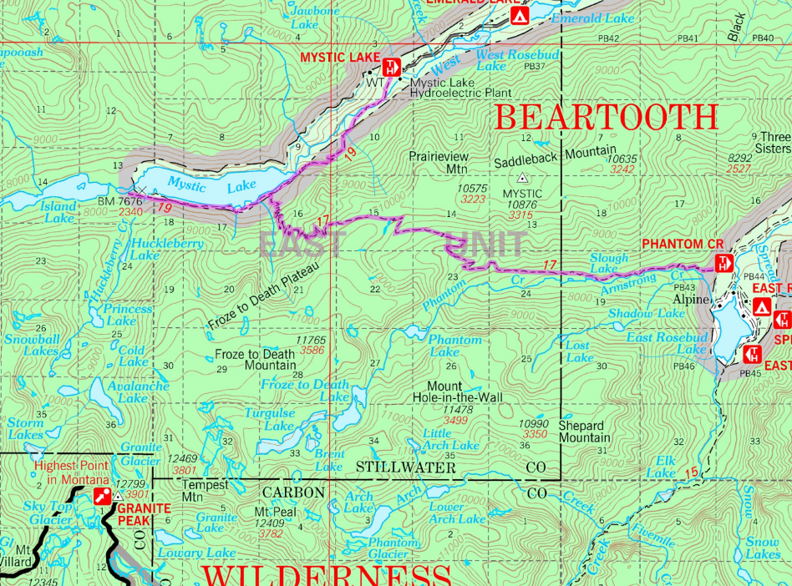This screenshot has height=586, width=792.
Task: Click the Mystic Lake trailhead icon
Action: [x=388, y=68]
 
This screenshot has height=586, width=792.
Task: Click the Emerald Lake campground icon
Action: [x=519, y=16]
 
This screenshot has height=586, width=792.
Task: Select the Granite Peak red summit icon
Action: [x=104, y=496]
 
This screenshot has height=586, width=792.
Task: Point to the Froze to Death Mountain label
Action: [x=255, y=360]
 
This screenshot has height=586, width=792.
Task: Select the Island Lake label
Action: [x=58, y=212]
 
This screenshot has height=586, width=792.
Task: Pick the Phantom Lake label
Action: [x=454, y=346]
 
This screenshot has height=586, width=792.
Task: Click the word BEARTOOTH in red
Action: [x=607, y=117]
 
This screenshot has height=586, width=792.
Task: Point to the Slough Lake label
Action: [x=608, y=264]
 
